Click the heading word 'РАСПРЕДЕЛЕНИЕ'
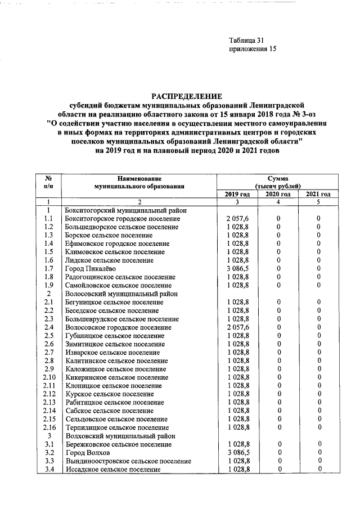click(186, 96)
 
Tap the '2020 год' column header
click(278, 194)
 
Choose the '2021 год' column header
click(318, 194)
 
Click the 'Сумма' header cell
click(277, 178)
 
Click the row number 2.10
click(49, 377)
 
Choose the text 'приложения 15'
click(253, 49)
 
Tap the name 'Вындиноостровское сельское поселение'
click(128, 461)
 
